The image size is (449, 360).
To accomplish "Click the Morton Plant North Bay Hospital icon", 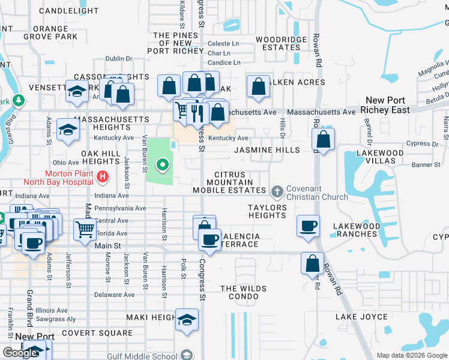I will point(103,176).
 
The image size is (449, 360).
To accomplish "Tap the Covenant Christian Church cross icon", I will point(277,191).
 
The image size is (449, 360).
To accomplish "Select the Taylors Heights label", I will point(267,211).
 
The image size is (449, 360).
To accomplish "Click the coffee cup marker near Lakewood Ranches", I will point(309,227).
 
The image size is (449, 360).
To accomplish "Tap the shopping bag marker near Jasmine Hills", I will point(323,140).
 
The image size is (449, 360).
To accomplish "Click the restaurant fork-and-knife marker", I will point(197,112).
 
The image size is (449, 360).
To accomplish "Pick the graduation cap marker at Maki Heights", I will point(187,320).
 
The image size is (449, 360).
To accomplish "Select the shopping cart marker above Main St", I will point(85,229).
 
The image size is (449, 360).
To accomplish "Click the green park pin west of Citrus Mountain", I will point(161,164).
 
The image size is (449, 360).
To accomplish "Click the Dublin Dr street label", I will point(119,59).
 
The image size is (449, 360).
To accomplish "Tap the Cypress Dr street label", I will point(422,144).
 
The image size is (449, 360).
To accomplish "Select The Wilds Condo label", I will point(243,292).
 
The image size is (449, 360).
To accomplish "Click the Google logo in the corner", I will point(20,353).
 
